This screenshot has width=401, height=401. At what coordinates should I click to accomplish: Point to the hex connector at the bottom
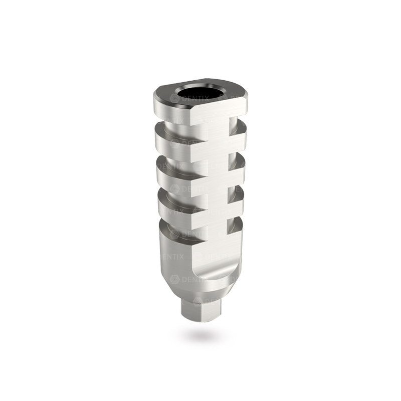(200, 310)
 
